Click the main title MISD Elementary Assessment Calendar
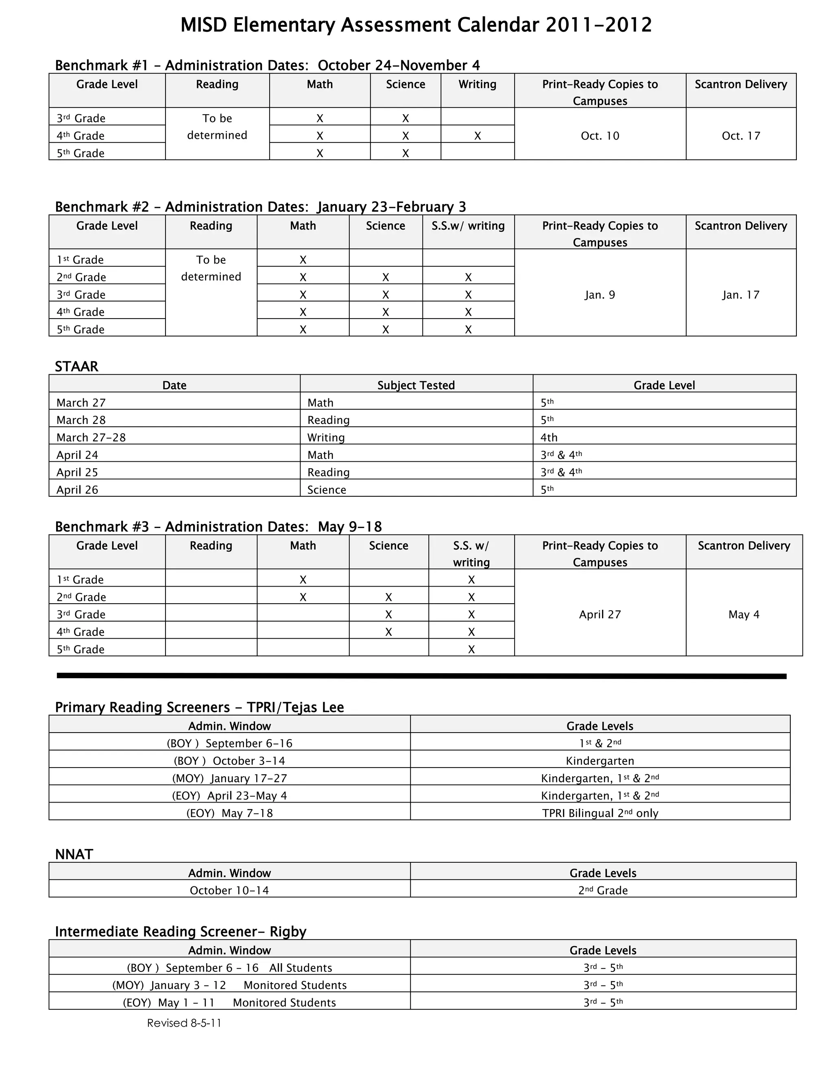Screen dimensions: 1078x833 tap(416, 25)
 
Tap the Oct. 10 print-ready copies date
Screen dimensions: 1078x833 tap(600, 136)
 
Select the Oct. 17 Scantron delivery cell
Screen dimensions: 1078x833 tap(740, 136)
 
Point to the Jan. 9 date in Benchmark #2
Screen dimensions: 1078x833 tap(600, 295)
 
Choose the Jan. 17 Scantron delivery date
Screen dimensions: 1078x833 tap(740, 295)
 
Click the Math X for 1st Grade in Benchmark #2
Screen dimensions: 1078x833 tap(303, 260)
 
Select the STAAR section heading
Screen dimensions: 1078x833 tap(76, 366)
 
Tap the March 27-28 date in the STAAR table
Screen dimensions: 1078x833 tap(91, 437)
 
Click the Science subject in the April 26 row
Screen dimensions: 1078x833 tap(326, 490)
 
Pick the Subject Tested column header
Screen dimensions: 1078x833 tap(416, 385)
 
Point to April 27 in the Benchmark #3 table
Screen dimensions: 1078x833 tap(600, 615)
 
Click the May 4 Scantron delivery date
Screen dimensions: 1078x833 tap(744, 615)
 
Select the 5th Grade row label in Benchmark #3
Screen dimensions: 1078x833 tap(81, 649)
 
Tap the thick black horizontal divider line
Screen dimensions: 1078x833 tap(421, 676)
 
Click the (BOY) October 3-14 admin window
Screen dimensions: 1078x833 tap(229, 761)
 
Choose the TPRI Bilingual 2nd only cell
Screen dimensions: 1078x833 tap(600, 813)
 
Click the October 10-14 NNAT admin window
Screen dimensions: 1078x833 tap(229, 890)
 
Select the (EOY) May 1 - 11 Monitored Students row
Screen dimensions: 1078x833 tap(229, 1002)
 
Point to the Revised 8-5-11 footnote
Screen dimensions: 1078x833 tap(184, 1023)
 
